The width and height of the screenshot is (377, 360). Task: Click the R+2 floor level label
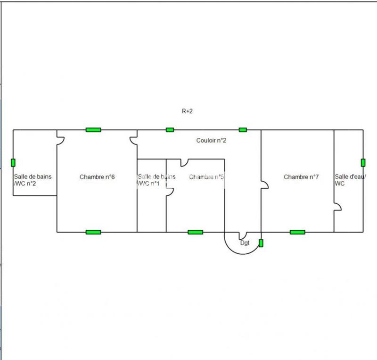187,112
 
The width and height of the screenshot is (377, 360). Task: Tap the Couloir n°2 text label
212,141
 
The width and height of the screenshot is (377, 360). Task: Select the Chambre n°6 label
97,177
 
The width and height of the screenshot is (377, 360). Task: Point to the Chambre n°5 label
206,177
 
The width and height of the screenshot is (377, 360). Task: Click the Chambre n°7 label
301,177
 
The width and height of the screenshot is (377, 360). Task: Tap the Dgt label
245,243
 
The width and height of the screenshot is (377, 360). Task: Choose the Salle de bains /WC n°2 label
33,180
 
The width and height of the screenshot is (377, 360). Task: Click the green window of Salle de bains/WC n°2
13,163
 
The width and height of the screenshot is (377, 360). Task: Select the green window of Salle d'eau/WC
363,163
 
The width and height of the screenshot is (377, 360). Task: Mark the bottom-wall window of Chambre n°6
93,232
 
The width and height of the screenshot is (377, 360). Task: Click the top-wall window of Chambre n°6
93,130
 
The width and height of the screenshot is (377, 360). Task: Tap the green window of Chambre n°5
195,232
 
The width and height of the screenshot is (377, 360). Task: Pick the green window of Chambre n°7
297,232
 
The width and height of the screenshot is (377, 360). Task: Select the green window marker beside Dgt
261,243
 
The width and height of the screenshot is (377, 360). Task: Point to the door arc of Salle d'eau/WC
337,207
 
